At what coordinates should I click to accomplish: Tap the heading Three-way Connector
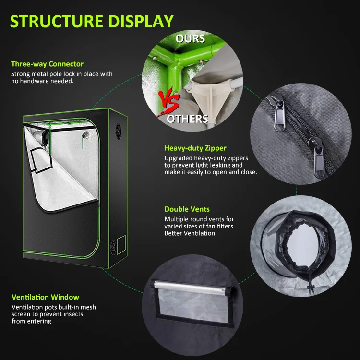(47, 64)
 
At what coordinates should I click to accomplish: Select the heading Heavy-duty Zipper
(195, 148)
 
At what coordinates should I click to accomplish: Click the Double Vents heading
(187, 209)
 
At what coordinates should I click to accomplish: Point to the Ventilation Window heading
(45, 297)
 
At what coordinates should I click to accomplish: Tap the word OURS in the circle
(190, 38)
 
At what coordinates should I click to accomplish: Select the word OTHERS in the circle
(187, 119)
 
